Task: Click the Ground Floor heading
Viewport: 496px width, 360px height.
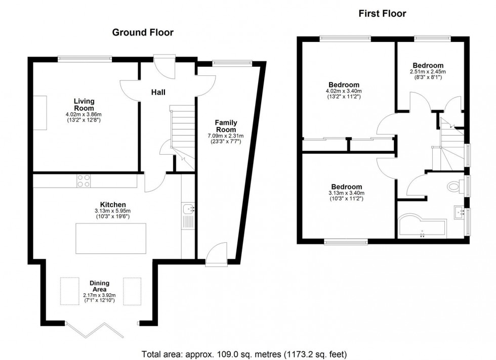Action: pyautogui.click(x=142, y=32)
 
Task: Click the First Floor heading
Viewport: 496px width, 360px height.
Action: pyautogui.click(x=382, y=14)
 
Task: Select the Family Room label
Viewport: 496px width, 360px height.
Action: pyautogui.click(x=226, y=126)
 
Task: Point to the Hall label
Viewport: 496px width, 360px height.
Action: pyautogui.click(x=158, y=92)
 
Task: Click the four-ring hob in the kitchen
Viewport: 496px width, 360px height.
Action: pyautogui.click(x=84, y=181)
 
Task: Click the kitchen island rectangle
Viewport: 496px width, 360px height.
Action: pyautogui.click(x=110, y=238)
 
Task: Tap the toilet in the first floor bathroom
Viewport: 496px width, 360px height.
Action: pyautogui.click(x=456, y=187)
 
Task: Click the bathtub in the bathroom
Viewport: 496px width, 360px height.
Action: pyautogui.click(x=422, y=228)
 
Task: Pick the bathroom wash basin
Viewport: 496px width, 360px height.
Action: pyautogui.click(x=460, y=212)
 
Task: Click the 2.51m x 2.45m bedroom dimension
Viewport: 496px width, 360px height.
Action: pyautogui.click(x=428, y=72)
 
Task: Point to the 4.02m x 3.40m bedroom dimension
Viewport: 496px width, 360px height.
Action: pyautogui.click(x=344, y=91)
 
